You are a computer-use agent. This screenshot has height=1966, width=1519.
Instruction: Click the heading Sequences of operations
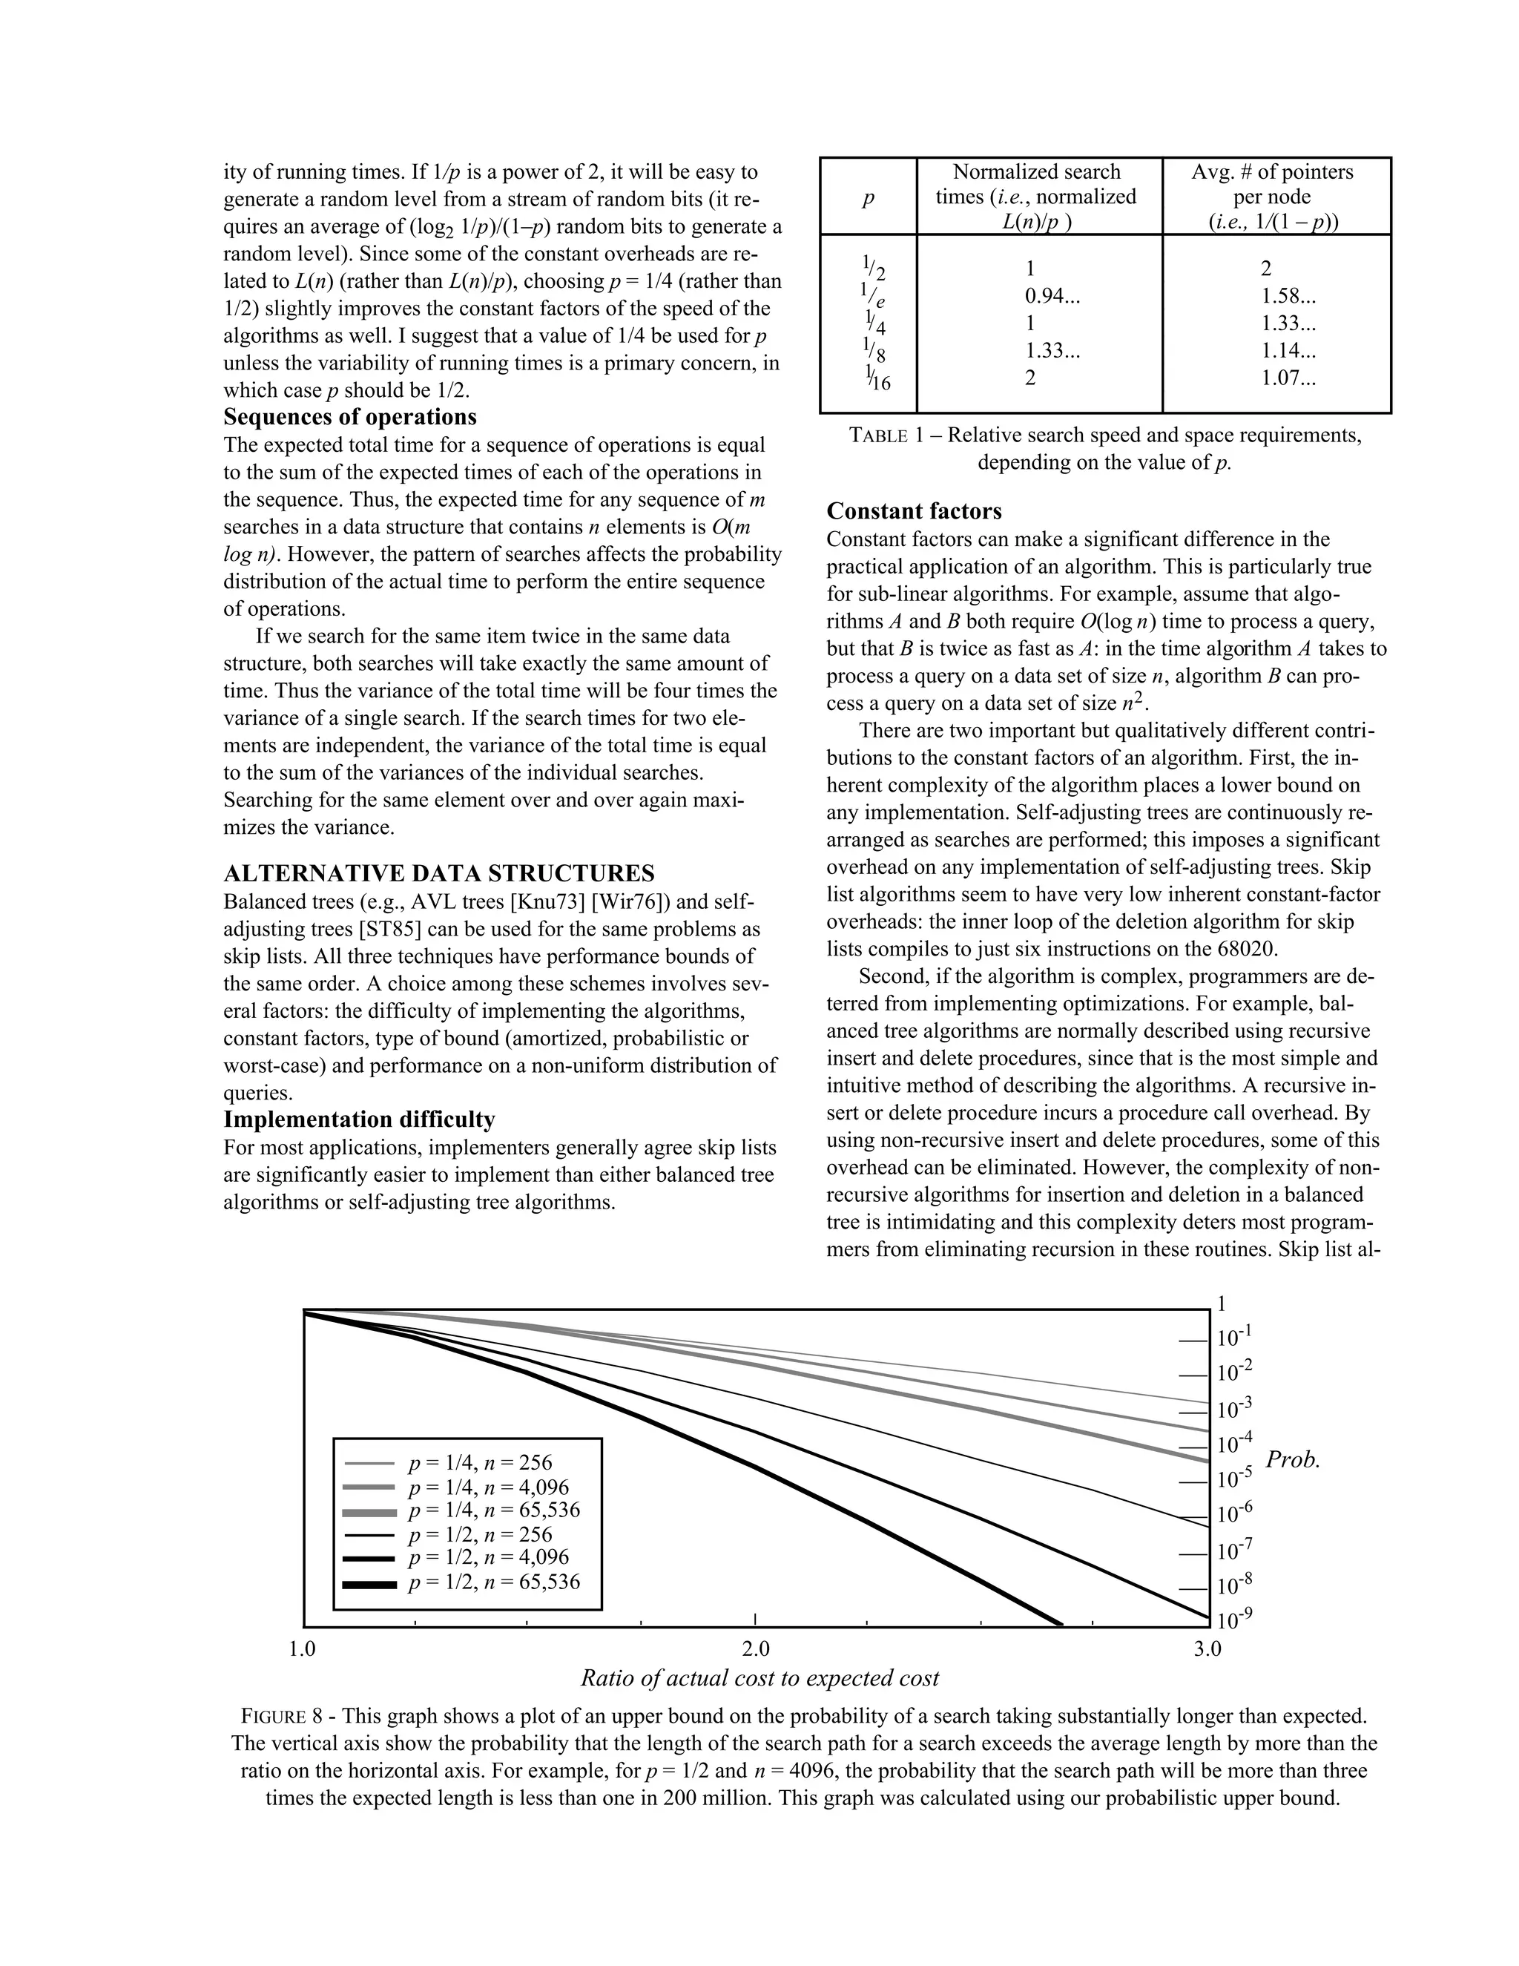pos(350,418)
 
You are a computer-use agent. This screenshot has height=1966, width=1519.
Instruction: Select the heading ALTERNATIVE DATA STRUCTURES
pos(439,874)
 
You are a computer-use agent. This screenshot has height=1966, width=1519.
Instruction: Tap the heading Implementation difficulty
pos(359,1120)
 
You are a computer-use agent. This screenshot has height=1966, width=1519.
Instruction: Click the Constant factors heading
pos(915,511)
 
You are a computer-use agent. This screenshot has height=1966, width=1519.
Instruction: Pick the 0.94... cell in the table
pos(1052,296)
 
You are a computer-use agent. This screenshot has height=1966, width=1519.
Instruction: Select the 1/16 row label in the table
pos(877,378)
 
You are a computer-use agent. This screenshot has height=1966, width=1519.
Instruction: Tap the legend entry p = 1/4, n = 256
pos(480,1463)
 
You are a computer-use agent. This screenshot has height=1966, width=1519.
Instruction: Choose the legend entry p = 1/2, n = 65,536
pos(493,1582)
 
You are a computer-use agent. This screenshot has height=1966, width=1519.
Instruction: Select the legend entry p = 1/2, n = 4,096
pos(488,1557)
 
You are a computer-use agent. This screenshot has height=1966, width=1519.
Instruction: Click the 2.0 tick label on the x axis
pos(756,1649)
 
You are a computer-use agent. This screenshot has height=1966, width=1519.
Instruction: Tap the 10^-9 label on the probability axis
pos(1233,1620)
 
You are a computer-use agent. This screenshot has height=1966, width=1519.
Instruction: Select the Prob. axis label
pos(1292,1460)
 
